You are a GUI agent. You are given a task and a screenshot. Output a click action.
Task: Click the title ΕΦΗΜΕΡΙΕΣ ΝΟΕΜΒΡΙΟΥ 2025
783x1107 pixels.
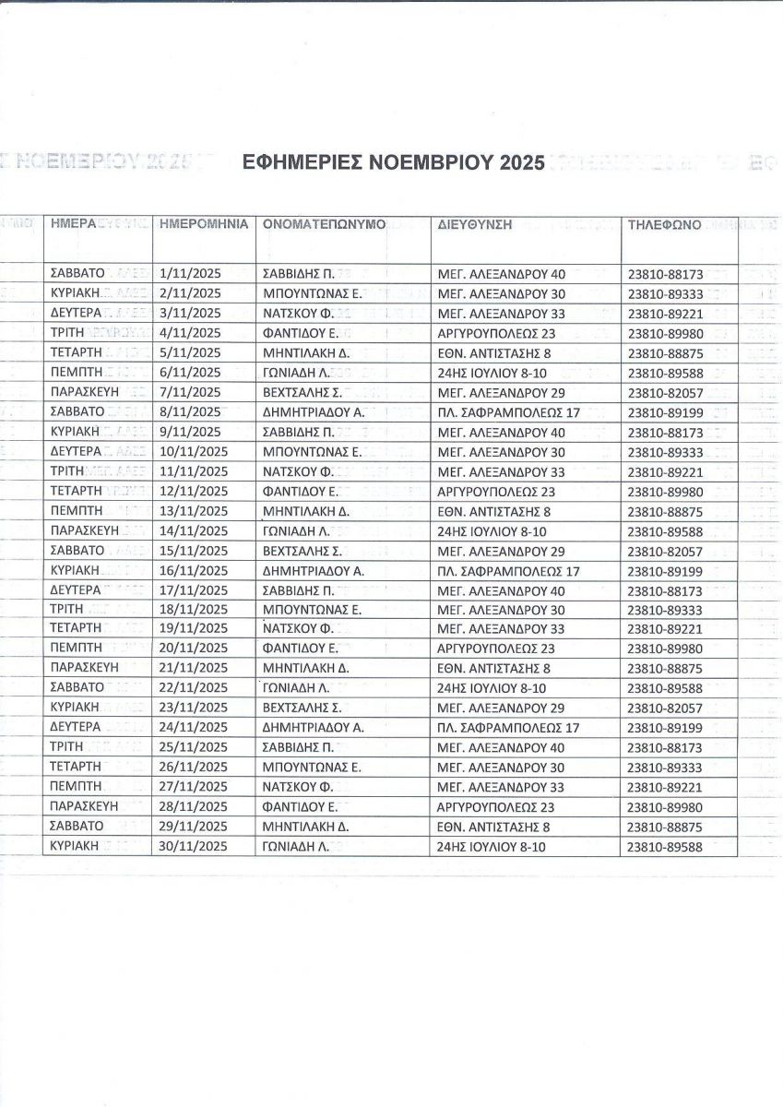pos(394,163)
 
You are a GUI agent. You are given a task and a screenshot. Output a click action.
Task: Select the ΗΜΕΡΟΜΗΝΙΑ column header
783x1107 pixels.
pos(204,224)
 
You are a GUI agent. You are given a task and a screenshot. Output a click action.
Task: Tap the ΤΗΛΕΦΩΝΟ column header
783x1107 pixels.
pos(664,224)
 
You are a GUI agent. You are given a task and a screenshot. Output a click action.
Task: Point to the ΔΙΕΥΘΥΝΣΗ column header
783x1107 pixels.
pos(475,224)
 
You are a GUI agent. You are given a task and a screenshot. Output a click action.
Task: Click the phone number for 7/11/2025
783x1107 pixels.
pos(665,392)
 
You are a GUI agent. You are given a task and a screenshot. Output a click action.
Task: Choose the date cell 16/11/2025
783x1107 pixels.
pos(194,571)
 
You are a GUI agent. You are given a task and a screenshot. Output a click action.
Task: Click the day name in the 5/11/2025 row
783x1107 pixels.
pos(77,352)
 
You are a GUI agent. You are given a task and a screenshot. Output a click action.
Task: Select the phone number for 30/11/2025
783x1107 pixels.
pos(665,847)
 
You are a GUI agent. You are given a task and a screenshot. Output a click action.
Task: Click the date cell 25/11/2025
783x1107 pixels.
pos(194,747)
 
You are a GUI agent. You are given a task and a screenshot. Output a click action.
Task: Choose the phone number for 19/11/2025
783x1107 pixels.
pos(665,629)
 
